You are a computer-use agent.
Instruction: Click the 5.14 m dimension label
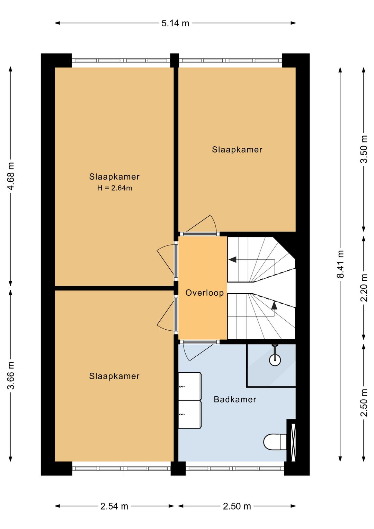(175, 23)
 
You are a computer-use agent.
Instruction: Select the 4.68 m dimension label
(11, 176)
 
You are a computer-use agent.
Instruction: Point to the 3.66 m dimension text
(11, 375)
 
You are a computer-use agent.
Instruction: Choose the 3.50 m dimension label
(364, 149)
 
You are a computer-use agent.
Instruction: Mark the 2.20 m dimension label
(364, 287)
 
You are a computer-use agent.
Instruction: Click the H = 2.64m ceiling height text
(114, 188)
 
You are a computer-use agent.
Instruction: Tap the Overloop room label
(204, 293)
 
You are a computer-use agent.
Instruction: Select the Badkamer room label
(235, 399)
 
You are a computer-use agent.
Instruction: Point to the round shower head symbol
(275, 360)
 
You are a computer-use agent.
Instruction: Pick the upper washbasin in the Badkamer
(189, 387)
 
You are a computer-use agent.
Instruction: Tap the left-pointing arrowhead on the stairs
(232, 260)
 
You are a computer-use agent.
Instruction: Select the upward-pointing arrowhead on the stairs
(274, 306)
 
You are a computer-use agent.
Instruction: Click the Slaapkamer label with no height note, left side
(114, 376)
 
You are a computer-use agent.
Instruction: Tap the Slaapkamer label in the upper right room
(237, 150)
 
